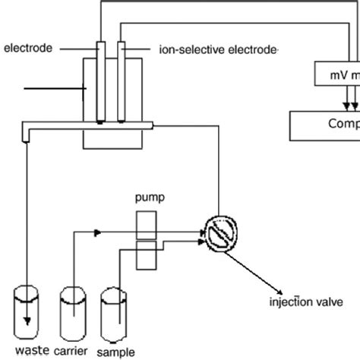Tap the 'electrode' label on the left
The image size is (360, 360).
click(x=28, y=49)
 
